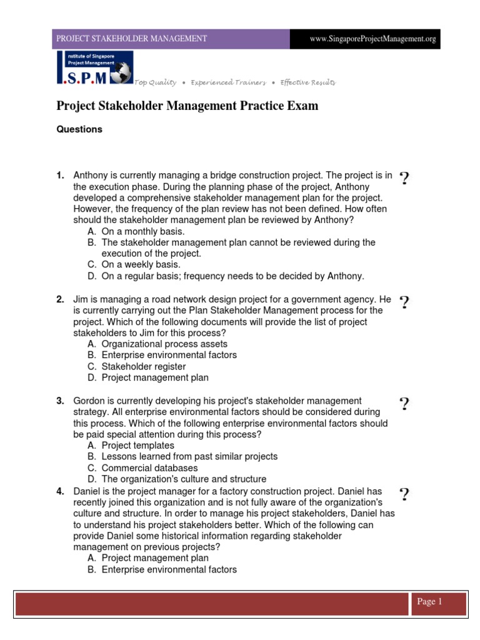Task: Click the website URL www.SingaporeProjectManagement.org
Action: (372, 39)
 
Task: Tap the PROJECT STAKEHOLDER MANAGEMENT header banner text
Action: (132, 39)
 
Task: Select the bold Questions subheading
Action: (79, 129)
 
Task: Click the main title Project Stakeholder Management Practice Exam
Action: (187, 106)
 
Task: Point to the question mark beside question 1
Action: (404, 179)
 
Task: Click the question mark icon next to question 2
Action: (404, 302)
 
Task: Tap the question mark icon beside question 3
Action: (404, 404)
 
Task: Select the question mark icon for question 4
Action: (404, 495)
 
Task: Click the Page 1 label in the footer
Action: (429, 602)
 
